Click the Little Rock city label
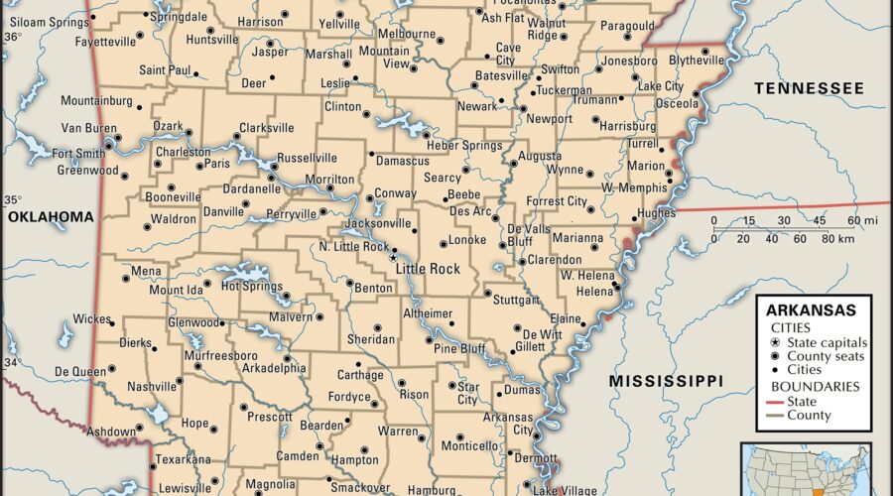pyautogui.click(x=428, y=269)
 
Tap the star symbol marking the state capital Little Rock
pyautogui.click(x=394, y=257)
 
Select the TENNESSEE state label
pyautogui.click(x=809, y=88)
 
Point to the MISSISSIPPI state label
pyautogui.click(x=666, y=381)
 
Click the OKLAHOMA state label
pyautogui.click(x=50, y=216)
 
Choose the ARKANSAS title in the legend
pyautogui.click(x=813, y=310)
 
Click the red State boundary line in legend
pyautogui.click(x=775, y=402)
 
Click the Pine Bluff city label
pyautogui.click(x=459, y=348)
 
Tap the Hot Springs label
pyautogui.click(x=252, y=286)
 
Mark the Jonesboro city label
pyautogui.click(x=629, y=60)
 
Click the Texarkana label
pyautogui.click(x=184, y=459)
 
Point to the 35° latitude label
pyautogui.click(x=12, y=198)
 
